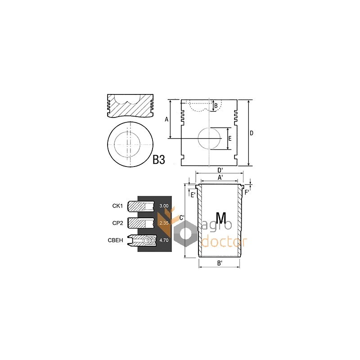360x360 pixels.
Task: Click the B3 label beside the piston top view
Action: pyautogui.click(x=159, y=160)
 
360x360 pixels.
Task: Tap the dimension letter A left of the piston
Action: pyautogui.click(x=166, y=119)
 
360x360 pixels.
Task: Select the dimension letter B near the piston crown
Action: pyautogui.click(x=216, y=106)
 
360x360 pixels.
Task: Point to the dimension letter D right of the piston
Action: pyautogui.click(x=252, y=133)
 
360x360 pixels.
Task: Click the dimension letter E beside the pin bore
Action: pyautogui.click(x=230, y=139)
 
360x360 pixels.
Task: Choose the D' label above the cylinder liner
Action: pyautogui.click(x=220, y=170)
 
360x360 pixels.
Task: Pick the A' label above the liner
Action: pyautogui.click(x=220, y=177)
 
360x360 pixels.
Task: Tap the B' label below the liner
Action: pyautogui.click(x=220, y=263)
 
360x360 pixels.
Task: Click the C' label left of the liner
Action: pyautogui.click(x=182, y=218)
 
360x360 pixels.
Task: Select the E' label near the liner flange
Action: pyautogui.click(x=193, y=195)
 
